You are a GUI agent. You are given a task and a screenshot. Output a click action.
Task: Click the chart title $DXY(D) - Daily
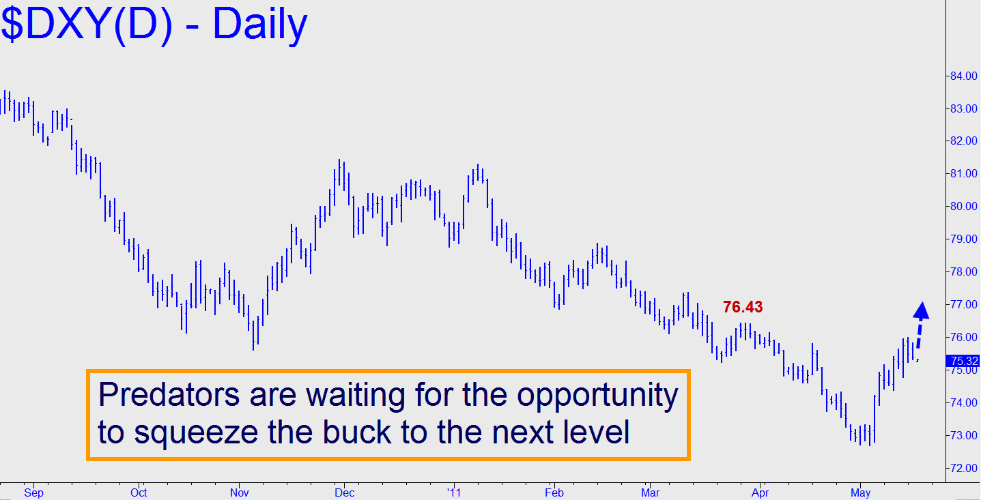click(x=154, y=25)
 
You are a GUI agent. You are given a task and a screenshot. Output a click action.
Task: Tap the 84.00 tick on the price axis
click(x=963, y=76)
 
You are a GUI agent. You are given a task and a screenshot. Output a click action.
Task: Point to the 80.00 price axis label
click(x=963, y=206)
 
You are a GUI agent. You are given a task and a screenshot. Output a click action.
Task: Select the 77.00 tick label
click(x=963, y=304)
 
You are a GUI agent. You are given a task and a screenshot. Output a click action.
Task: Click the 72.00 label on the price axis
click(x=963, y=468)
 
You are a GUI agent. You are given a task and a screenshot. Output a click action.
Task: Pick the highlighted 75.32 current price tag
click(x=963, y=361)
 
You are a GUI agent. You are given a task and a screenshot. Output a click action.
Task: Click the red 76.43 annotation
click(x=743, y=307)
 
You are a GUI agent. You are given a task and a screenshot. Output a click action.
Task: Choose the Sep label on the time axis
click(x=33, y=492)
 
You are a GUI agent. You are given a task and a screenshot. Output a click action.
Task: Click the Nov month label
click(x=240, y=492)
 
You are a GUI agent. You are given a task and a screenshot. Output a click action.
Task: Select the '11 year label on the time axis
click(x=455, y=492)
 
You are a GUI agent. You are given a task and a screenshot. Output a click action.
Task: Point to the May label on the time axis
click(x=861, y=492)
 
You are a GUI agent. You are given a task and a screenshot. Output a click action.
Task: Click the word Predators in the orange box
click(x=169, y=394)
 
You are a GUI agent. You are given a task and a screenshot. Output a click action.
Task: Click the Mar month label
click(x=651, y=492)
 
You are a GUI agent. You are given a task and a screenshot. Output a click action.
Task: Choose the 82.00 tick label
click(x=963, y=141)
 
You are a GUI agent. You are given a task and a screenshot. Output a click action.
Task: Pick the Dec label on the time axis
click(x=344, y=492)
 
